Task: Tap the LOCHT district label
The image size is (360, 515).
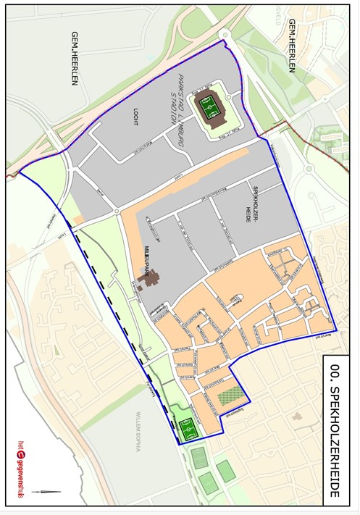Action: pyautogui.click(x=135, y=115)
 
